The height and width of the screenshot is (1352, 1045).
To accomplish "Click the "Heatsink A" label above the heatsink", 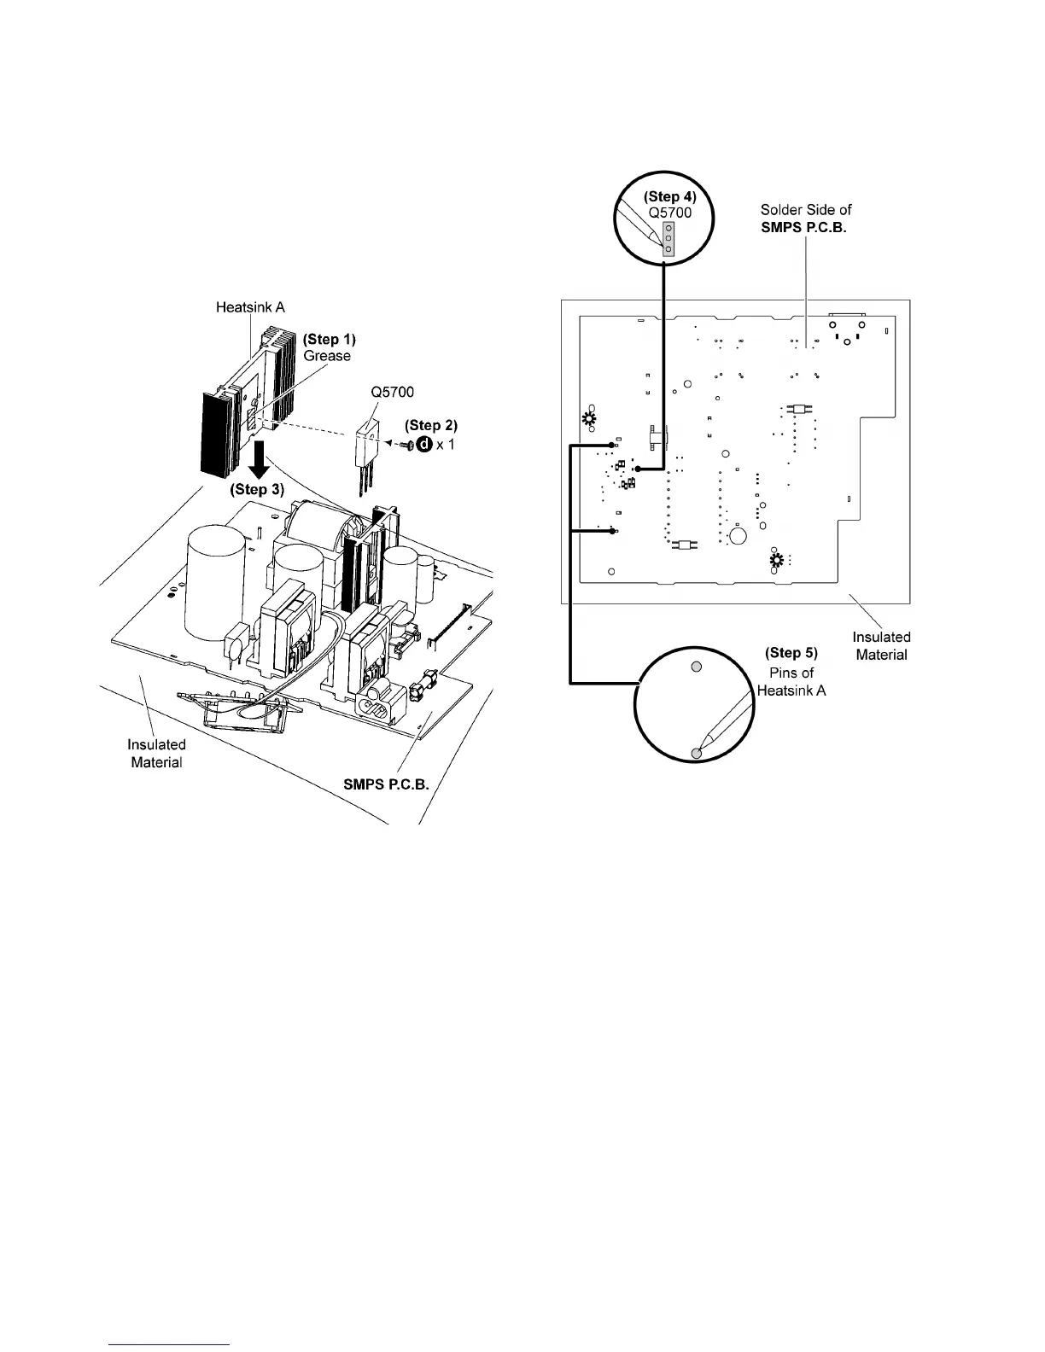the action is (x=249, y=307).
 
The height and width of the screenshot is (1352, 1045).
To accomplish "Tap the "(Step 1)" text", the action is (x=329, y=340).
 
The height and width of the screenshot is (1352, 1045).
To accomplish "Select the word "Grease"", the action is (x=327, y=356).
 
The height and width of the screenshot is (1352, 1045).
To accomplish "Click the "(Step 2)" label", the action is (x=430, y=425).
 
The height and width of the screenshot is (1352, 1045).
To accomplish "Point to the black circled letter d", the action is (x=420, y=445).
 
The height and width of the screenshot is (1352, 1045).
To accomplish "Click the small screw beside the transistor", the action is (x=405, y=445).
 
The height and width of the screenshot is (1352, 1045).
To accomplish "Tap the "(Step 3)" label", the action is (x=257, y=491).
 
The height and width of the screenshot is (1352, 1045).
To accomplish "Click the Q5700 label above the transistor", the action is (x=392, y=393).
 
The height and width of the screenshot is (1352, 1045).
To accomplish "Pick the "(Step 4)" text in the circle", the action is (x=669, y=197).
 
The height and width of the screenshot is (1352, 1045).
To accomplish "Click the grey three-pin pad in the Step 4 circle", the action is (x=668, y=239).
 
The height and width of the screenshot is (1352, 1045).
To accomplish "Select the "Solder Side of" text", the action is (x=806, y=209).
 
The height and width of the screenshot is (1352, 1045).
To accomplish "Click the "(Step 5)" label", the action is (x=791, y=653).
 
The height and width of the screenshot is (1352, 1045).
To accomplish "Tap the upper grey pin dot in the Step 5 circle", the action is (x=696, y=667).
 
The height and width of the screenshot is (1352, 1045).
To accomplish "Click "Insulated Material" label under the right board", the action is (x=881, y=645).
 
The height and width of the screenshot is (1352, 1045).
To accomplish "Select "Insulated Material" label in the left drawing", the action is (x=156, y=753).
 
